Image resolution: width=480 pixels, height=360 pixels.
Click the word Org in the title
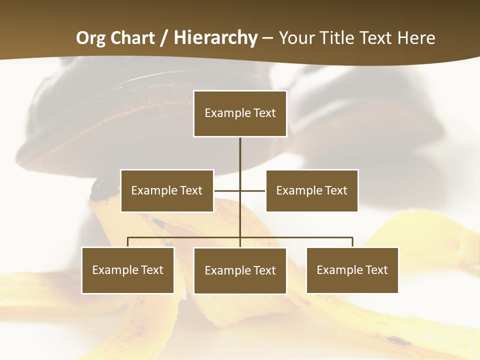point(90,38)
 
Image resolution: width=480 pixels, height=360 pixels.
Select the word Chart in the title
point(132,38)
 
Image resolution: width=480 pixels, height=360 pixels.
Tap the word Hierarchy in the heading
point(215,38)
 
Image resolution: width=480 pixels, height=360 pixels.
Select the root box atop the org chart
point(240,113)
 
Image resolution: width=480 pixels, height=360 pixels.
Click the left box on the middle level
point(167,190)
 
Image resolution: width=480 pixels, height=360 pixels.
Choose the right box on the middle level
point(311,190)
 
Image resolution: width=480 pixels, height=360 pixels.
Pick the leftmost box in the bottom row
point(128,270)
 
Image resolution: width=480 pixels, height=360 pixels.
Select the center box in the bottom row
point(240,270)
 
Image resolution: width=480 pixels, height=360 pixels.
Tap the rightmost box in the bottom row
point(352,270)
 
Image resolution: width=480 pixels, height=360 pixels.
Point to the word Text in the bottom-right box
point(376,270)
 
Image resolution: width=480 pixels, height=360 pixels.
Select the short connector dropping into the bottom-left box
point(128,242)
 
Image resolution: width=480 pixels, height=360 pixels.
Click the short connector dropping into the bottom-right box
point(352,242)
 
